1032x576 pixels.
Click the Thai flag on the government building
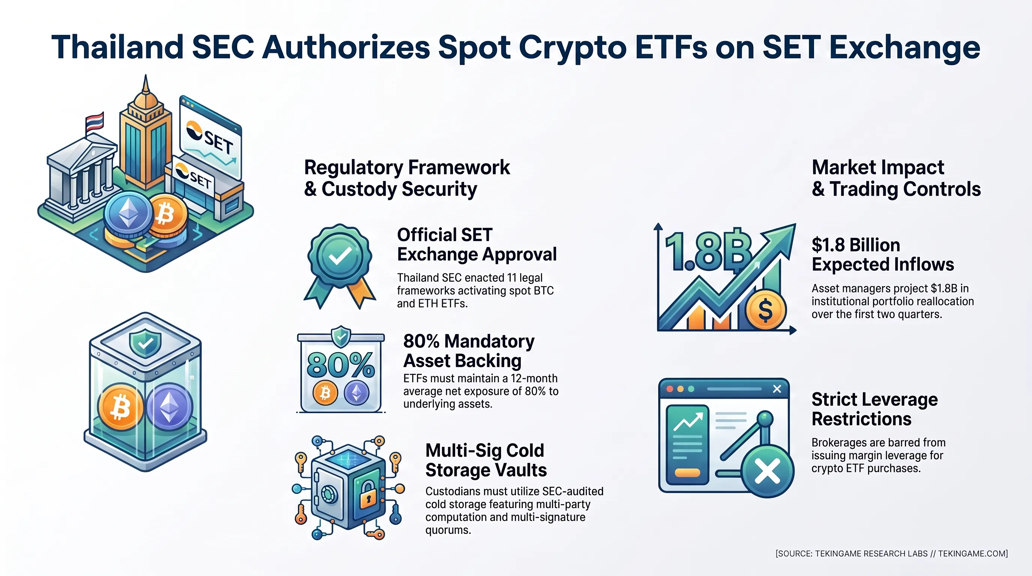[x=95, y=121]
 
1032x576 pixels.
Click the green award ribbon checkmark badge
[x=340, y=266]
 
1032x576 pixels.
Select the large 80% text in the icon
[x=341, y=365]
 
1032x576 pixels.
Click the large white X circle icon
[x=767, y=471]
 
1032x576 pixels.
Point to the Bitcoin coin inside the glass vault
[x=121, y=407]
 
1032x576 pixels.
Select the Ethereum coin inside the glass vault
[x=170, y=407]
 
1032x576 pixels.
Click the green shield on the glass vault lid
[x=145, y=343]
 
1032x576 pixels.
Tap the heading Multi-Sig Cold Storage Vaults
[x=486, y=460]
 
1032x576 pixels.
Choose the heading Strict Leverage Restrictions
[x=874, y=409]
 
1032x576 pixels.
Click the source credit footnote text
[x=892, y=553]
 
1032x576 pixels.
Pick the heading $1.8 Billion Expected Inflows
[x=883, y=254]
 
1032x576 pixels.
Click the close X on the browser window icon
[x=777, y=389]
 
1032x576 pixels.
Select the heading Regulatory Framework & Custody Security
[x=407, y=178]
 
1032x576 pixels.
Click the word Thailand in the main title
[x=117, y=47]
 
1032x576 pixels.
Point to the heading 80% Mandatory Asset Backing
[x=469, y=351]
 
